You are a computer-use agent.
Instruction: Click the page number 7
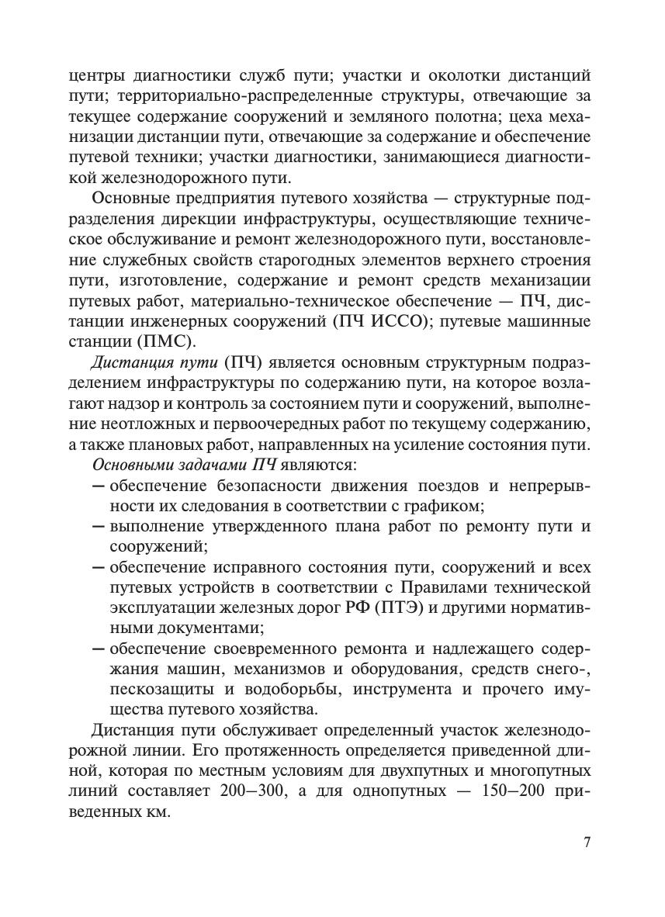[x=587, y=843]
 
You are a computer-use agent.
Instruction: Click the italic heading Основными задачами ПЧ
[x=180, y=465]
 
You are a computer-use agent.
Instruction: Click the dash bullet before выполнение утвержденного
[x=99, y=527]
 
